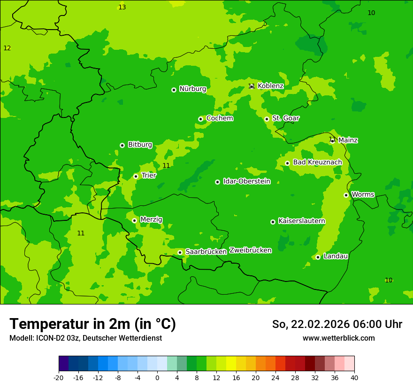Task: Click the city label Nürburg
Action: (192, 89)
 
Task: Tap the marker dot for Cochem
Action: (201, 119)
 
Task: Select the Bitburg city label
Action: (140, 145)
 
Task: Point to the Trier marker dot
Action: (136, 176)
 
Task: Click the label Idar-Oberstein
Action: (247, 181)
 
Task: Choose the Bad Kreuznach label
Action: (317, 163)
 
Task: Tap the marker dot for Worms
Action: (346, 195)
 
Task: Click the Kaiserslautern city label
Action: (301, 221)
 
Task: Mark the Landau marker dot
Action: (318, 257)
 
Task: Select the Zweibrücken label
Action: (250, 250)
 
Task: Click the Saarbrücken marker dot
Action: (180, 252)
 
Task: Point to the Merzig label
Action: (151, 220)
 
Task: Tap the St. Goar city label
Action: (285, 118)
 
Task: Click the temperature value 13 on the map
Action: (122, 7)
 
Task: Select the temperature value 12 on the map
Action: (7, 48)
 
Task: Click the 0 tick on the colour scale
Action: (157, 378)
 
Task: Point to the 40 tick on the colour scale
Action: (354, 378)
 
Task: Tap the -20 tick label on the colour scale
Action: (59, 378)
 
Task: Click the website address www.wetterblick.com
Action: (338, 338)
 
